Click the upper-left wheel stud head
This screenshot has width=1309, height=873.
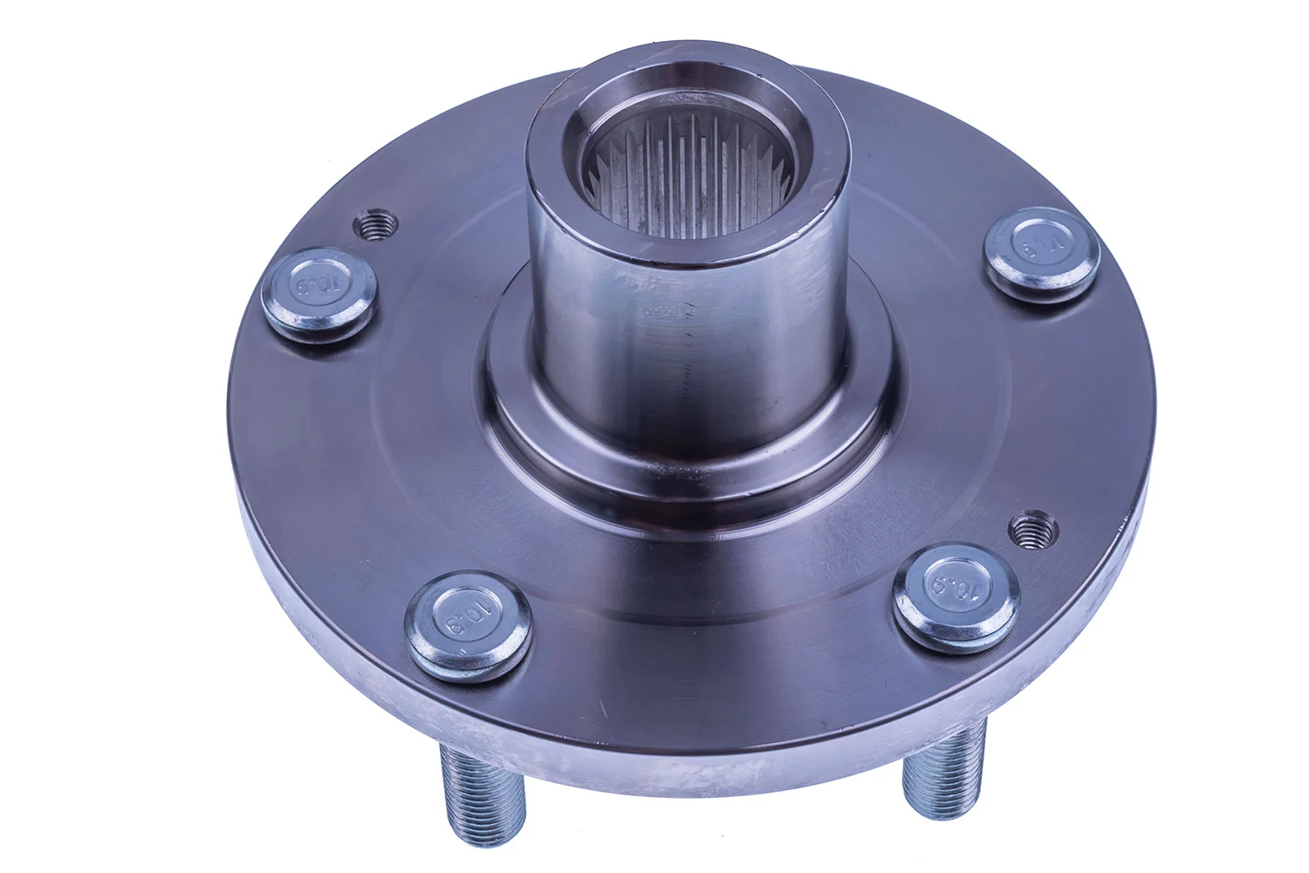(323, 295)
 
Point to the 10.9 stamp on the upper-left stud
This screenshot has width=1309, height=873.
(321, 285)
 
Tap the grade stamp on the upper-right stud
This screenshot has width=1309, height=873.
(1038, 240)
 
